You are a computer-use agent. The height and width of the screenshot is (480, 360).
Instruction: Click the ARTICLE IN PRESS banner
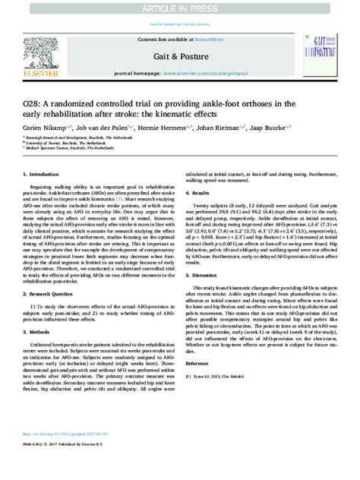pos(180,7)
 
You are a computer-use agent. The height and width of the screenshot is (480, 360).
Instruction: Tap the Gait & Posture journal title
pos(180,55)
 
